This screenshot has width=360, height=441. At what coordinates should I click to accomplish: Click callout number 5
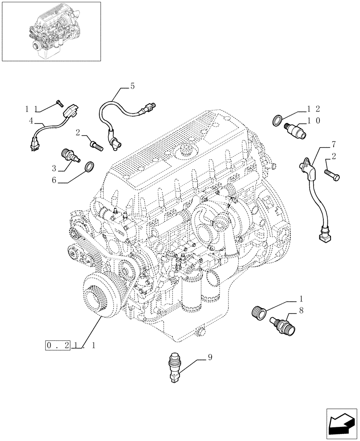(x=132, y=86)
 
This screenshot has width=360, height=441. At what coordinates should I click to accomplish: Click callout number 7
(x=334, y=144)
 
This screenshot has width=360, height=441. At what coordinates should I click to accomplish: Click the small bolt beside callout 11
(x=59, y=104)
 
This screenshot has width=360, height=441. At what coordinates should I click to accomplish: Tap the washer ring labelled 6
(x=89, y=166)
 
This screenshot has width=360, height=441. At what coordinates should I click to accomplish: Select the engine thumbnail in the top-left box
(x=51, y=31)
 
